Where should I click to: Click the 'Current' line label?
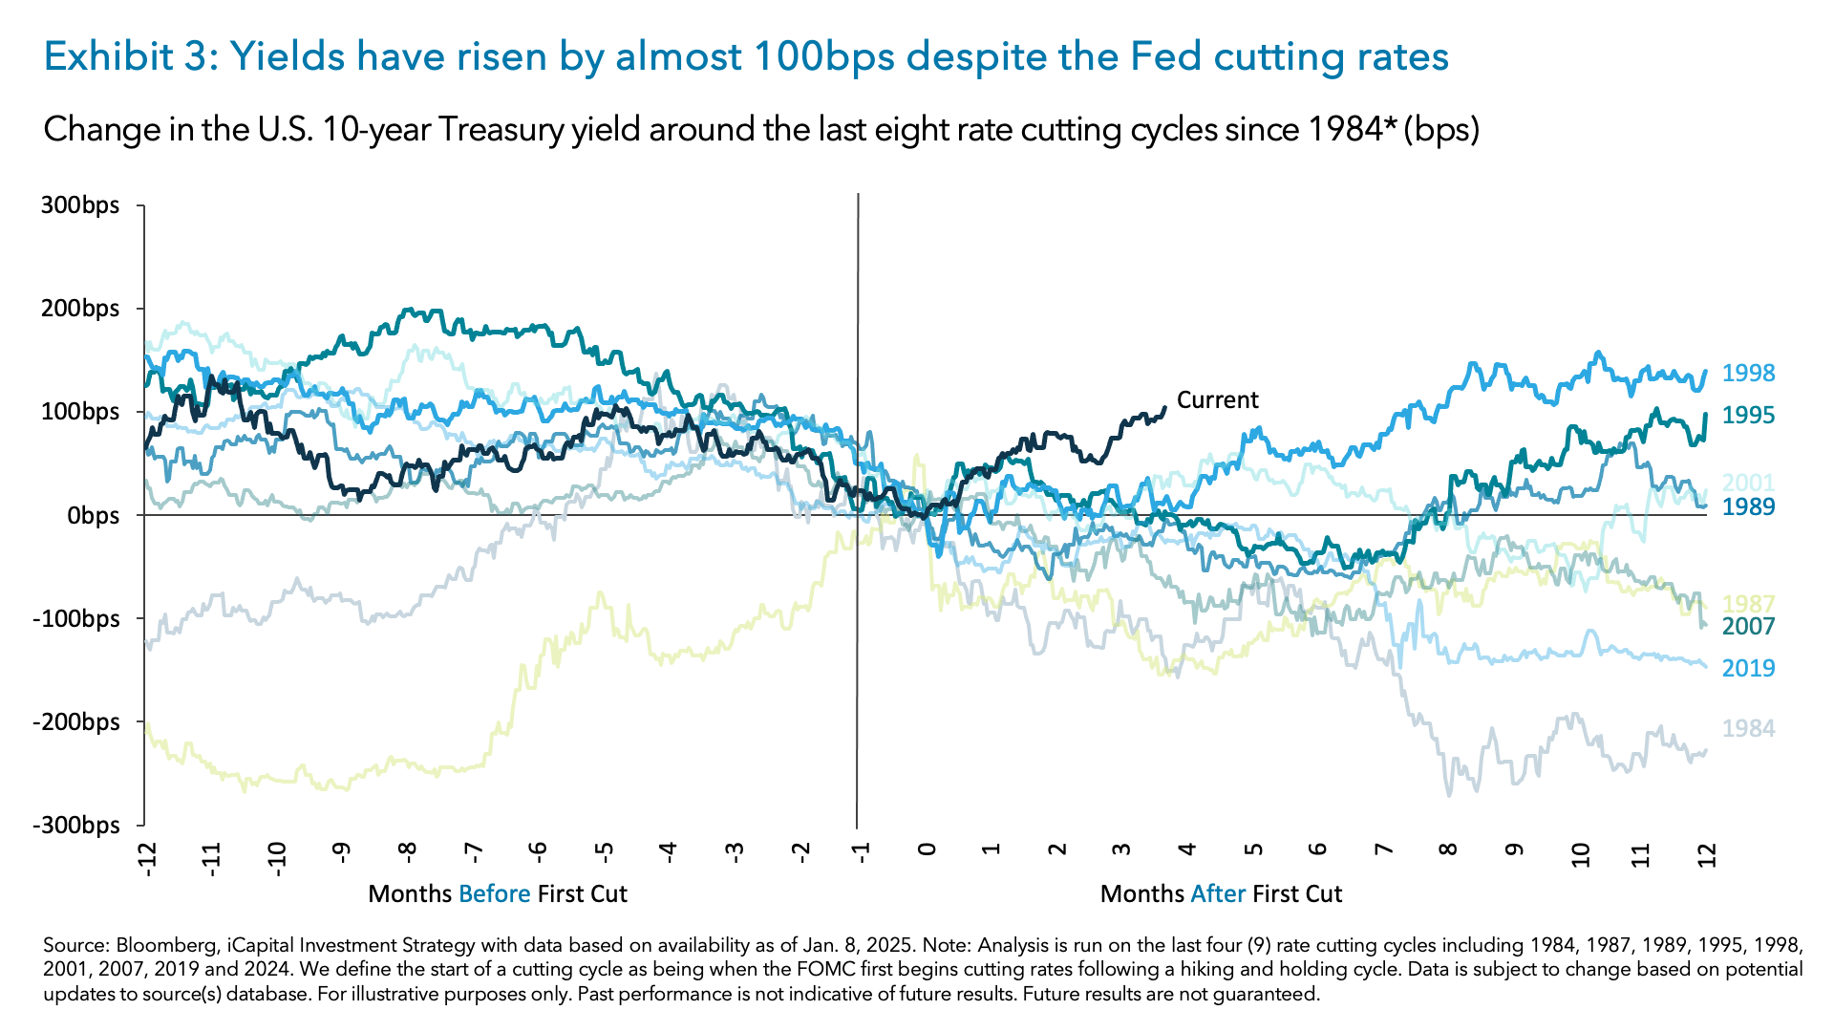1217,399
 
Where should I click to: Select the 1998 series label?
1748,373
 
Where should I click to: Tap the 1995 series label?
1748,415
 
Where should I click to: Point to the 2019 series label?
1748,668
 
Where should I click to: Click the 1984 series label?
1748,728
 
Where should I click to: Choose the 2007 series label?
1748,626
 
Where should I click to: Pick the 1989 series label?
1748,506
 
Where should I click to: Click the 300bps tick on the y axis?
80,205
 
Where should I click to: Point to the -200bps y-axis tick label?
76,721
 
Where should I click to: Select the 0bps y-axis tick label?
94,515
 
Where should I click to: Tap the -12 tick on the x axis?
145,858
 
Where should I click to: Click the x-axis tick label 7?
1383,849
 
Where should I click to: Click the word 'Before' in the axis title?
494,893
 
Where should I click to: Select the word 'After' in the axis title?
1218,893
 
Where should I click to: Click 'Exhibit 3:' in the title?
132,57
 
